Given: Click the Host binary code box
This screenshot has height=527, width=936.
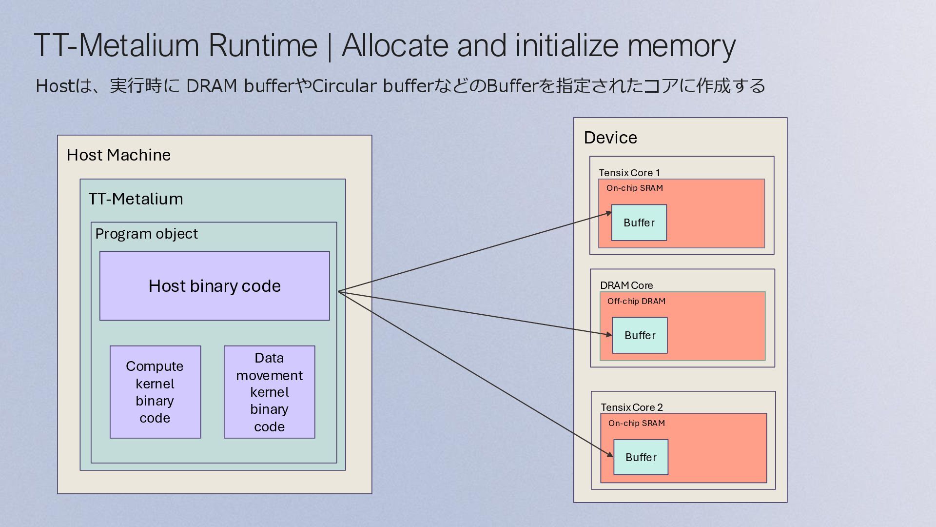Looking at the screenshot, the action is (214, 286).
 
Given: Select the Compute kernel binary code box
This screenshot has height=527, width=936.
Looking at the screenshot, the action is (156, 392).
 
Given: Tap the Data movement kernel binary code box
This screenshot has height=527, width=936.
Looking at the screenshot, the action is (270, 392).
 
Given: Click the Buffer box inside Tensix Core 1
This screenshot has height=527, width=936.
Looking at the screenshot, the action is (639, 223).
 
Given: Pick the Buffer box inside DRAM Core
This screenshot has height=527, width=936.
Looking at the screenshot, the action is (640, 335).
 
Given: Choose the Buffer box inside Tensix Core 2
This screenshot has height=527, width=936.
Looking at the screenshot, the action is (641, 457).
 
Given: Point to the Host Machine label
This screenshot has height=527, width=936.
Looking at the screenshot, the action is (118, 155).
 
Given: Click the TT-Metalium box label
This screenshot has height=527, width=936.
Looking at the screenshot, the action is (136, 199).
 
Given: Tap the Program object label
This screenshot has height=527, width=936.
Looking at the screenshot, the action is (146, 234).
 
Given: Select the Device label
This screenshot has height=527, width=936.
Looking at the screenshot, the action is (610, 138).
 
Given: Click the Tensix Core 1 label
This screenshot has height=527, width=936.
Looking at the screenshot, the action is (629, 173).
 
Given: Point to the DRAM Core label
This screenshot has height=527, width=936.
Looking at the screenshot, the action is (626, 285).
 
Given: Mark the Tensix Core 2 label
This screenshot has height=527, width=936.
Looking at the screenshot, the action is (632, 407).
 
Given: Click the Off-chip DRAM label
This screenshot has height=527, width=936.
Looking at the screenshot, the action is (636, 301).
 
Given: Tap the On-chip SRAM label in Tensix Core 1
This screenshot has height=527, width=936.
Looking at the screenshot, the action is (635, 188).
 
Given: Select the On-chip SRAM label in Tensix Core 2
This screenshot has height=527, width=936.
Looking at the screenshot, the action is (637, 423).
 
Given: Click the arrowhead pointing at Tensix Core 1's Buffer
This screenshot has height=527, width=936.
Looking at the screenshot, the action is (609, 213).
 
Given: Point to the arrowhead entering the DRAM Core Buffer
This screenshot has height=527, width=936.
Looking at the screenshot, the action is (609, 334).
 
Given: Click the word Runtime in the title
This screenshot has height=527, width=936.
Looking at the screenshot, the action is (263, 45).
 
